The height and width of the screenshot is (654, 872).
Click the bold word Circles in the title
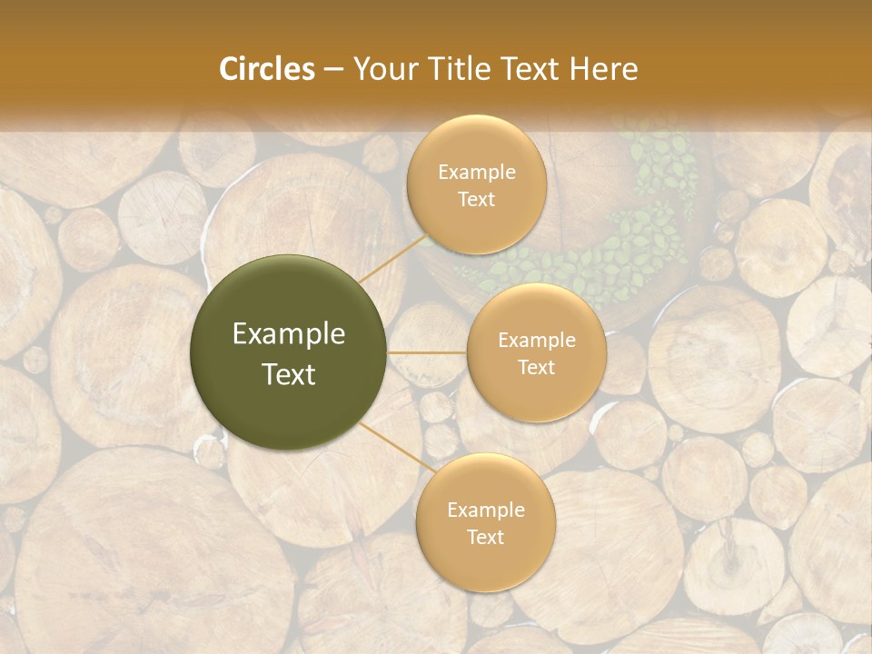pos(267,69)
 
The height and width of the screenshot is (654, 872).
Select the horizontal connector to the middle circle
pos(427,352)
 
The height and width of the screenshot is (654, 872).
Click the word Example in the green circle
pos(289,334)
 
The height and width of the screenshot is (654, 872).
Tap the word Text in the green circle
pos(289,374)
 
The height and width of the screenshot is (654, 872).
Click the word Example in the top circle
pos(476,172)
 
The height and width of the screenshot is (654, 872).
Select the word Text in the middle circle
pos(536,368)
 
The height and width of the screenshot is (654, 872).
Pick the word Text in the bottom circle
pos(485,538)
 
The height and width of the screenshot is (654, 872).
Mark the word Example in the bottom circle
pos(485,510)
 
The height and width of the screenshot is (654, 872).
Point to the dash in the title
pos(333,70)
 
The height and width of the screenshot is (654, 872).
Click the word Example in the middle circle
pos(536,341)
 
